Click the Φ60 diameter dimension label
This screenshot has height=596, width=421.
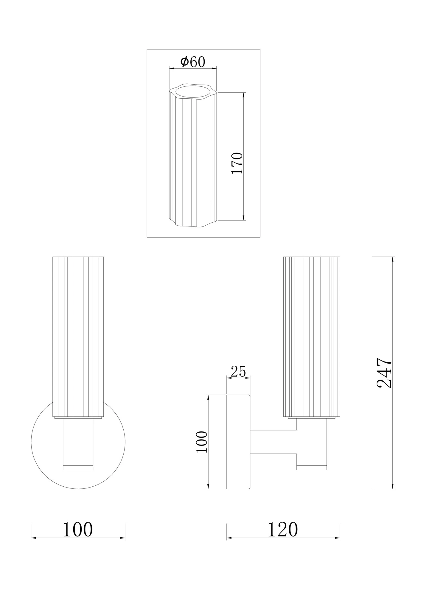(x=193, y=62)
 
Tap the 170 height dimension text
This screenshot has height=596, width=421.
(x=237, y=163)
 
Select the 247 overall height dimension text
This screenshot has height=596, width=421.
(x=384, y=373)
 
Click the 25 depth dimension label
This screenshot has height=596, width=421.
(x=238, y=371)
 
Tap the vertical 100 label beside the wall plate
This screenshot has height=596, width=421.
(x=202, y=442)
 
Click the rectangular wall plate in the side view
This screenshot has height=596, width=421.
(x=238, y=442)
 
